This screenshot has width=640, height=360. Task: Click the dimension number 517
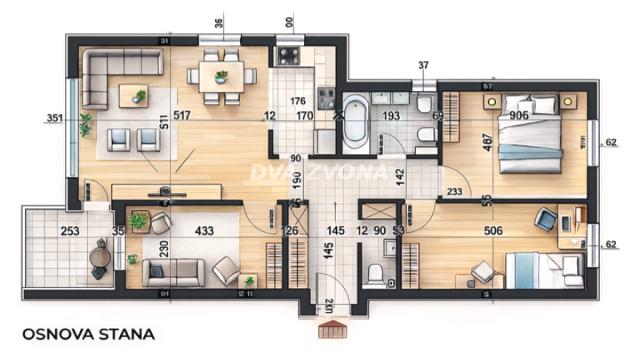tap(181, 115)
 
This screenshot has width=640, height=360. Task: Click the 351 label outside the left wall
tap(55, 118)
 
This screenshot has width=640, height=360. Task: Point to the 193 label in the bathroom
tap(393, 116)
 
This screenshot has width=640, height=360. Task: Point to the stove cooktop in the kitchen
tap(290, 55)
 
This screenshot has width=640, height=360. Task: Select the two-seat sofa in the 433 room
tap(173, 272)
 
